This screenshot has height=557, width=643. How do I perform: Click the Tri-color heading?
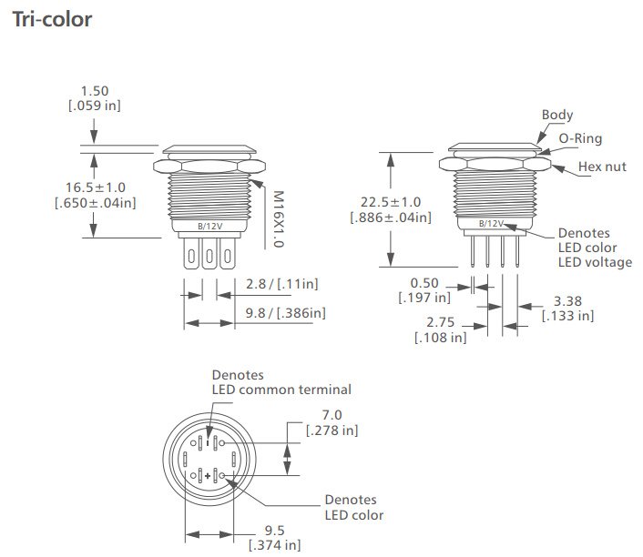pyautogui.click(x=52, y=19)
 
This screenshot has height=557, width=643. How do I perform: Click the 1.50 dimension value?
pyautogui.click(x=95, y=91)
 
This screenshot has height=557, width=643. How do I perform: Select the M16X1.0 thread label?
pyautogui.click(x=279, y=218)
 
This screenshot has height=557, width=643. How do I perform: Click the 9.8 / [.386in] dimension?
pyautogui.click(x=285, y=313)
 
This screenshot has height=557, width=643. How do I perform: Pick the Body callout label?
pyautogui.click(x=557, y=116)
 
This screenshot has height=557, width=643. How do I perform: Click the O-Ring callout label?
pyautogui.click(x=580, y=138)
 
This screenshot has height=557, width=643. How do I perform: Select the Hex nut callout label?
pyautogui.click(x=602, y=167)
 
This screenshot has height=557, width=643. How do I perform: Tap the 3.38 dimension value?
pyautogui.click(x=567, y=300)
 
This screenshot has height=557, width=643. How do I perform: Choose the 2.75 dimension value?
pyautogui.click(x=440, y=322)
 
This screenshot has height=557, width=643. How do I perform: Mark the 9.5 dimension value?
pyautogui.click(x=274, y=531)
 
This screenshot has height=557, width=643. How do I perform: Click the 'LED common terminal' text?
pyautogui.click(x=281, y=390)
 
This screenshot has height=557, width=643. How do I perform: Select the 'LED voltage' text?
pyautogui.click(x=595, y=262)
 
